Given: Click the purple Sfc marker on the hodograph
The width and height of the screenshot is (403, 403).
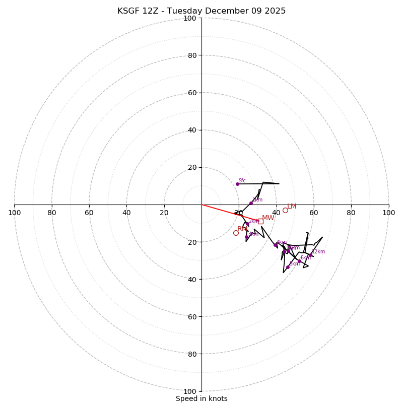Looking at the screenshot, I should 237,184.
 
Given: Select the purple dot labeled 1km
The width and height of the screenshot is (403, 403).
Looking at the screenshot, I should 251,203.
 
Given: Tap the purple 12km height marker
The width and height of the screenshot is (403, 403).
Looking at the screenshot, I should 311,255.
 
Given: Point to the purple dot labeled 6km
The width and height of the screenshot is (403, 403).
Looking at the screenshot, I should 299,261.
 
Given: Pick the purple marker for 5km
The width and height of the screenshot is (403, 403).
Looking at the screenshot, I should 288,267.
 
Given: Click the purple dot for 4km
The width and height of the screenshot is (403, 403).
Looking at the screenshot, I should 275,245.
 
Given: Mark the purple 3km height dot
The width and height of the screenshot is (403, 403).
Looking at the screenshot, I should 246,237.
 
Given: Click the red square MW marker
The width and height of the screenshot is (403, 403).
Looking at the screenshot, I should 260,221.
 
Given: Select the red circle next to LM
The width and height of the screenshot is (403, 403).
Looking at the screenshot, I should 285,210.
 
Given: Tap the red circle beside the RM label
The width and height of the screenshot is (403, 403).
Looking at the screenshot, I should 236,233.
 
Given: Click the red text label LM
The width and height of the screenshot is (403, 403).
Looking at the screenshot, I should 292,207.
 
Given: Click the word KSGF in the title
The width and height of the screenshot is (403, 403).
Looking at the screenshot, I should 128,11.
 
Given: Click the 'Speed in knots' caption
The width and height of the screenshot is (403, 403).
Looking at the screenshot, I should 201,398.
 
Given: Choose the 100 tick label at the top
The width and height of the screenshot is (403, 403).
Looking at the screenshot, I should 190,18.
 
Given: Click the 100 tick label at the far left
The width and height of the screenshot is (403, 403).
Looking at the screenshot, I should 14,213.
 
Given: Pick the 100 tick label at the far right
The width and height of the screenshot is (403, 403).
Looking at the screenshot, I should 389,213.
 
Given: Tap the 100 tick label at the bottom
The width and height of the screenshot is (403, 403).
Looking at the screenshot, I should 190,391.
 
